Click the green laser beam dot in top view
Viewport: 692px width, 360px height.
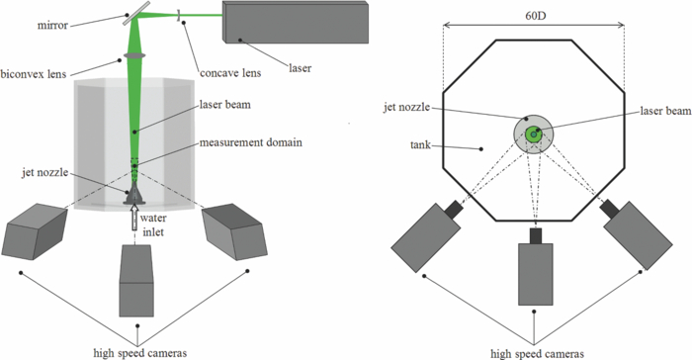[533, 134]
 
